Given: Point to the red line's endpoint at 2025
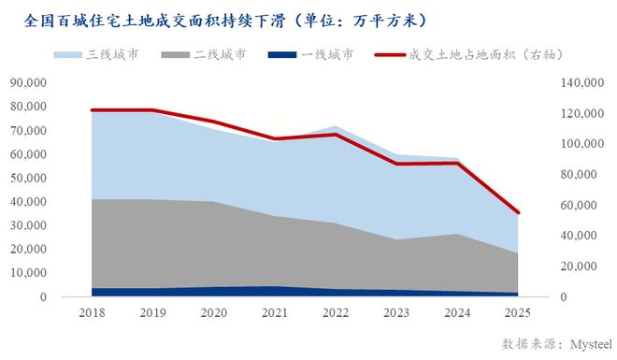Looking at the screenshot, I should (518, 212).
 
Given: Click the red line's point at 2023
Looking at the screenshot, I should (396, 164).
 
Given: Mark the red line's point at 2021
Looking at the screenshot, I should (274, 138).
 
